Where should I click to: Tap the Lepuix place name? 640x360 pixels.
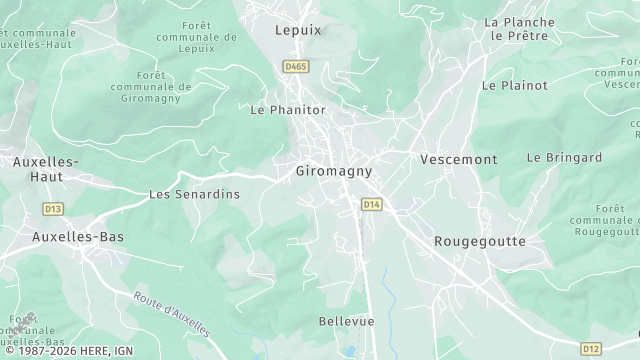[x=299, y=30]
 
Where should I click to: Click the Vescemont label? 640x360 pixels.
[x=458, y=159]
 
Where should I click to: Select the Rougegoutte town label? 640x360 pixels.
[x=480, y=242]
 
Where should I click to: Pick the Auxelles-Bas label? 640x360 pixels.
[x=71, y=237]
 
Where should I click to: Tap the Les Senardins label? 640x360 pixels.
[x=194, y=194]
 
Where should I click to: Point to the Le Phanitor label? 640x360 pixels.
[x=287, y=110]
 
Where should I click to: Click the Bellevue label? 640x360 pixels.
[x=346, y=321]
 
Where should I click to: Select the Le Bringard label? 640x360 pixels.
[x=564, y=158]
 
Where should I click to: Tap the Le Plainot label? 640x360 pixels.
[x=515, y=86]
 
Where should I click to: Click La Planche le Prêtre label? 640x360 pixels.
[x=521, y=28]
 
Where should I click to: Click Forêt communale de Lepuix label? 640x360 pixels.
[x=196, y=38]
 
